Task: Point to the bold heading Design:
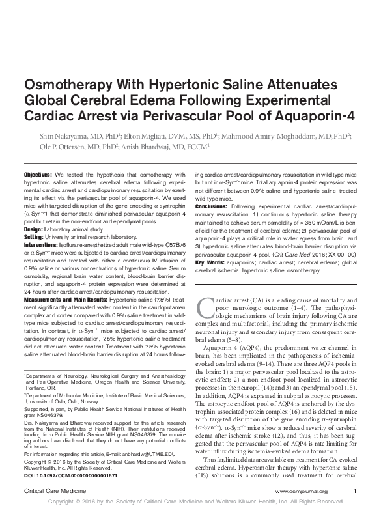[x=34, y=230]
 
